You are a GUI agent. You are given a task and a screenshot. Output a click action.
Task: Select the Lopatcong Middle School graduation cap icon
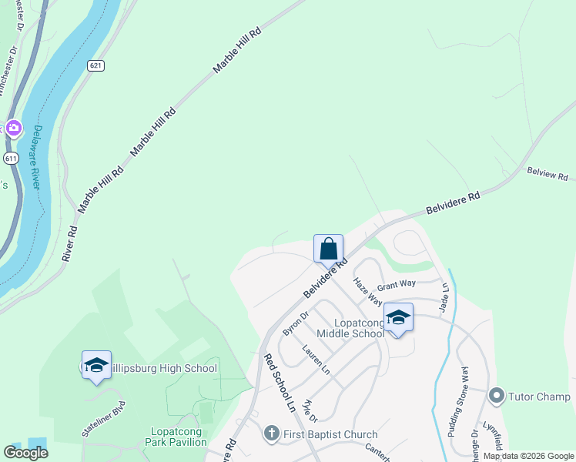point(398,317)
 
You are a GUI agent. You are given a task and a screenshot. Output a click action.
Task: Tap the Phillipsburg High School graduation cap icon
point(96,366)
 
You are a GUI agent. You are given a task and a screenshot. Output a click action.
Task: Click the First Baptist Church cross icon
point(271,434)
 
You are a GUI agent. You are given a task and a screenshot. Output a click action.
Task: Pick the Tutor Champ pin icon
point(497,397)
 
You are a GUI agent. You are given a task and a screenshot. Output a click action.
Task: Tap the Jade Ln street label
point(444,297)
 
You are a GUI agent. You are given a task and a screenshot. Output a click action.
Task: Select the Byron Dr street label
point(295,323)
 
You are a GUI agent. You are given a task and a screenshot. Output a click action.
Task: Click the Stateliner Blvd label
point(102,419)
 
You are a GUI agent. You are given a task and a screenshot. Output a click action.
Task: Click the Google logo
point(25,453)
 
